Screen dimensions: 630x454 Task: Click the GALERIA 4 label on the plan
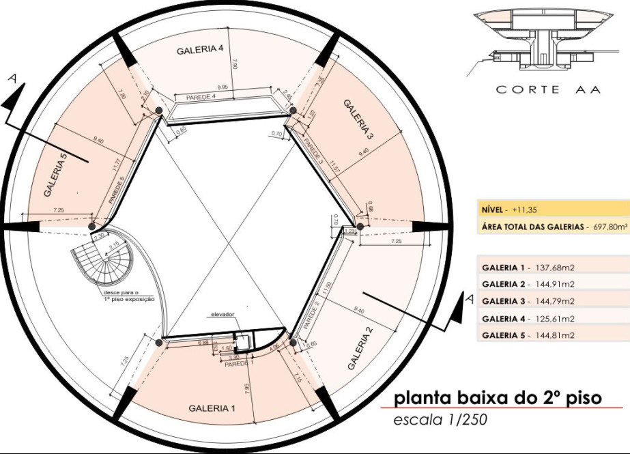point(200,50)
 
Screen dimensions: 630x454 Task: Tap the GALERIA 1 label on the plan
point(212,408)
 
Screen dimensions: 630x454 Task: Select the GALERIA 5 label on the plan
point(56,175)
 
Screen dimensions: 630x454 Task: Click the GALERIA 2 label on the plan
point(360,347)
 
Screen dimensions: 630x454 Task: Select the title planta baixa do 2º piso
point(499,397)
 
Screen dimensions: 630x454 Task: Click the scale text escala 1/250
point(441,420)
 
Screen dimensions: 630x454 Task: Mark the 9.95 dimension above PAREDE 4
point(222,87)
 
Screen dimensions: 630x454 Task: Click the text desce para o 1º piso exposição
point(126,296)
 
